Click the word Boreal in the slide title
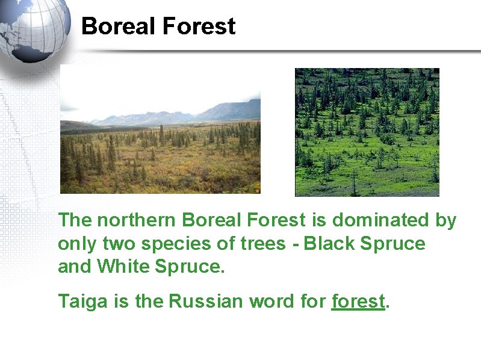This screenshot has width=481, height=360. point(116,26)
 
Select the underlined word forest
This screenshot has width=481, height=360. point(358,301)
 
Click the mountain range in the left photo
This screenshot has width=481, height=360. point(181,114)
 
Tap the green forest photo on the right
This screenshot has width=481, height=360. point(367,132)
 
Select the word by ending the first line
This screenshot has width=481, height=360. point(445,221)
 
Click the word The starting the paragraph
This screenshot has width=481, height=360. point(74,221)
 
